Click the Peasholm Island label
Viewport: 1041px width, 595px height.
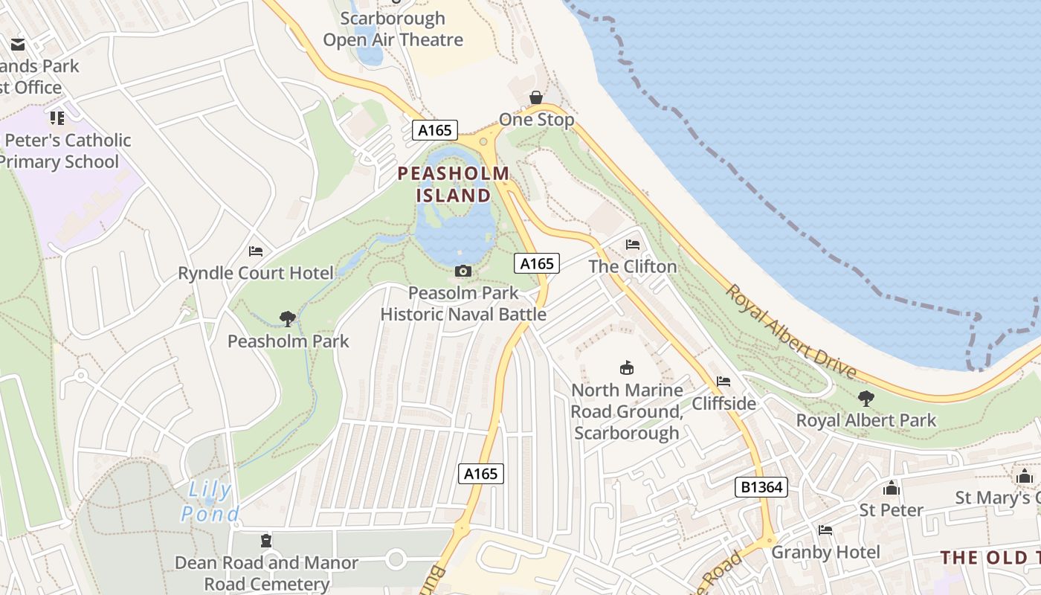point(454,184)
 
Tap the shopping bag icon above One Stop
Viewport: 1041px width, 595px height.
point(535,97)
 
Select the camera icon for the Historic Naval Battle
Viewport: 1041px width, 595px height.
point(463,271)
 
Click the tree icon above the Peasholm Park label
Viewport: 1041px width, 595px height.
point(288,319)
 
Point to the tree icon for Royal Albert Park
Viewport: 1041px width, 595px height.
point(866,398)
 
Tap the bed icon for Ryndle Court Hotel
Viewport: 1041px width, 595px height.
point(256,251)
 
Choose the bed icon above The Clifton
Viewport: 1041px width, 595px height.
point(633,244)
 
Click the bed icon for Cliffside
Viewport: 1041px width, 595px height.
point(723,382)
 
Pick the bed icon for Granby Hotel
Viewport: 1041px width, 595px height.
point(825,530)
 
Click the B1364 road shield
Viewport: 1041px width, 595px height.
point(762,487)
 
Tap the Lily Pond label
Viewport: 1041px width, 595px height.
point(210,501)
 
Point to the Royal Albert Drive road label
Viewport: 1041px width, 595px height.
point(792,332)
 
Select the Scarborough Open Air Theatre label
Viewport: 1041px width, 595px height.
point(393,29)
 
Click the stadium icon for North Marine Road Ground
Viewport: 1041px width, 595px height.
point(627,367)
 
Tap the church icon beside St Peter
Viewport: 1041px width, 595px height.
point(891,488)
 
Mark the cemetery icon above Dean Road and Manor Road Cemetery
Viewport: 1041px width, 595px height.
point(266,541)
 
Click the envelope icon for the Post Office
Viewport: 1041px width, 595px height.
point(18,45)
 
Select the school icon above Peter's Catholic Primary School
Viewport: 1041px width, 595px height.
point(57,118)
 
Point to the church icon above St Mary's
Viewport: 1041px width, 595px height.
point(1025,476)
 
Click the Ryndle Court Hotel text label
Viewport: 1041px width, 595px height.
point(257,273)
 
